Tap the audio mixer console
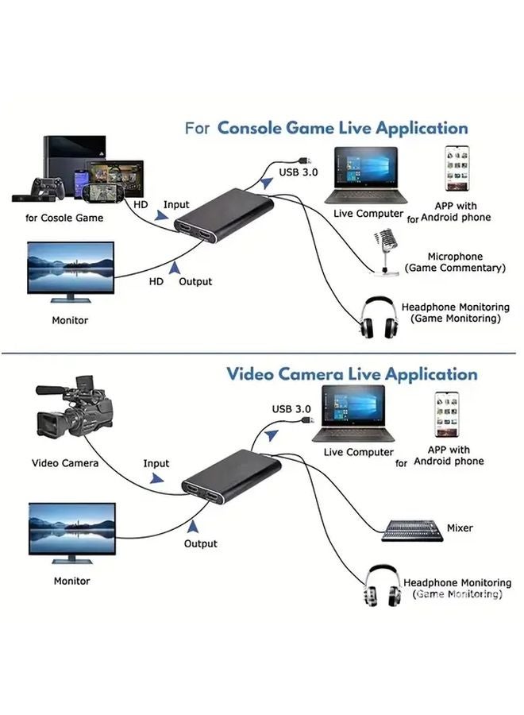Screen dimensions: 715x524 [x=412, y=530]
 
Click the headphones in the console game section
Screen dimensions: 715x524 [x=377, y=319]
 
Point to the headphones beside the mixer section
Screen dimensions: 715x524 [x=383, y=586]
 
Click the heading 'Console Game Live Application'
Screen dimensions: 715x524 [x=342, y=127]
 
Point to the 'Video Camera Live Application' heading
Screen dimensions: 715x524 [x=352, y=373]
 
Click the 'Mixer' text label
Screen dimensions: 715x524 [x=460, y=528]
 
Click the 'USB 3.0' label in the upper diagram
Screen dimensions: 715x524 [x=298, y=172]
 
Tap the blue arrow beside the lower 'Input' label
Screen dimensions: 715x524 [x=160, y=477]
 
